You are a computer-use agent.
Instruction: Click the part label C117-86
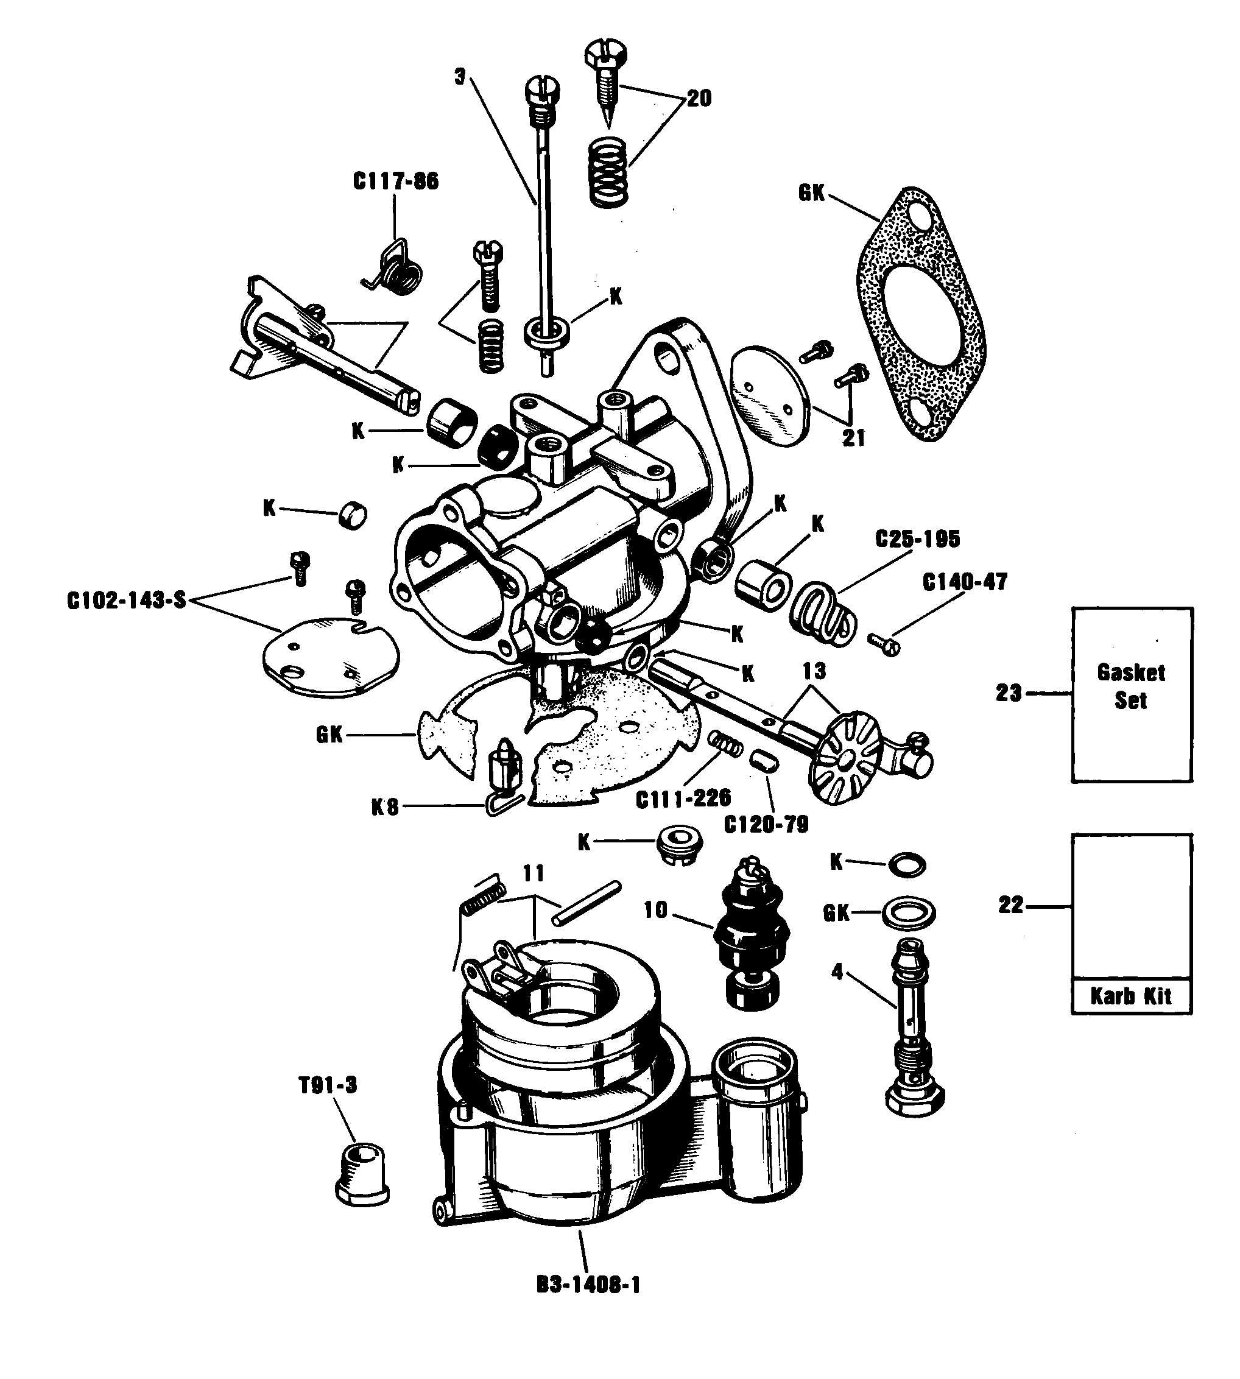point(396,182)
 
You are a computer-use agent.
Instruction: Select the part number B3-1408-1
point(588,1285)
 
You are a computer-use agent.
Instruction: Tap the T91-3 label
point(328,1085)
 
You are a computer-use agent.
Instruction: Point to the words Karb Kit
point(1131,996)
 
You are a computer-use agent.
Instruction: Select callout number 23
point(1009,694)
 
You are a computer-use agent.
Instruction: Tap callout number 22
point(1011,906)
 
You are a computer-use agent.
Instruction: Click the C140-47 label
point(965,582)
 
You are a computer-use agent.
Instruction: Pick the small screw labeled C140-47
point(884,643)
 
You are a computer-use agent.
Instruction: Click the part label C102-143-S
point(127,602)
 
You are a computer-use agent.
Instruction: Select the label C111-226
point(683,799)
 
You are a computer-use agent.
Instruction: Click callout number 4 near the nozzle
point(837,972)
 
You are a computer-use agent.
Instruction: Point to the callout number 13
point(814,672)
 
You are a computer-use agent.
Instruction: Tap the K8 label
point(384,808)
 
